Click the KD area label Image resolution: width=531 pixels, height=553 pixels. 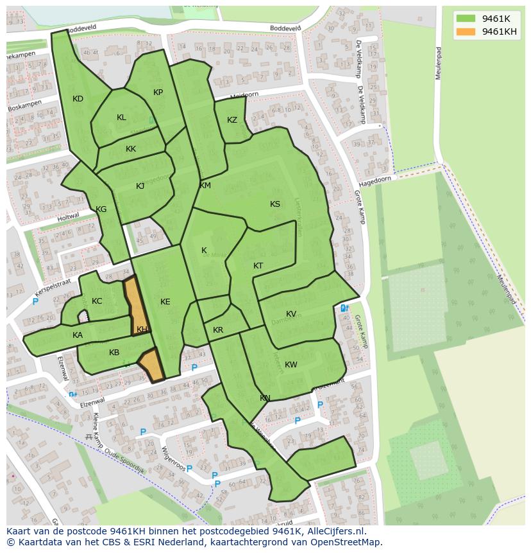pyautogui.click(x=78, y=99)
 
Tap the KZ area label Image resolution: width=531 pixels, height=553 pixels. pyautogui.click(x=232, y=120)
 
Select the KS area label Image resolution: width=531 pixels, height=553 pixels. pyautogui.click(x=275, y=204)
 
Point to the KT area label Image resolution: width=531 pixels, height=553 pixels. pyautogui.click(x=258, y=266)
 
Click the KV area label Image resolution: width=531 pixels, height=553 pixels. pyautogui.click(x=291, y=314)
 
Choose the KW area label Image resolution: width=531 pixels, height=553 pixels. pyautogui.click(x=291, y=365)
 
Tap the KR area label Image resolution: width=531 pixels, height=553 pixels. pyautogui.click(x=218, y=330)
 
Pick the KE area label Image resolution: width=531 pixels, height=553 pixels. pyautogui.click(x=165, y=302)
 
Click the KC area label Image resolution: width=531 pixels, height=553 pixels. pyautogui.click(x=97, y=301)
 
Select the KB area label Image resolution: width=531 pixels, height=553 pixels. pyautogui.click(x=114, y=353)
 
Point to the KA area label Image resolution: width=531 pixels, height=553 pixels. pyautogui.click(x=78, y=335)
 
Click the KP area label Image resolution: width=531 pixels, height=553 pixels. pyautogui.click(x=158, y=92)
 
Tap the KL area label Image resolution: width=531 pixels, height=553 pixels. pyautogui.click(x=121, y=118)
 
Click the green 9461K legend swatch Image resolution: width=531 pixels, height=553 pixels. pyautogui.click(x=466, y=18)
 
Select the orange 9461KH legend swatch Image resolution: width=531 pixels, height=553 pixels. pyautogui.click(x=466, y=31)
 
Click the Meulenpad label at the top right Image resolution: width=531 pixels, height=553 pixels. pyautogui.click(x=439, y=62)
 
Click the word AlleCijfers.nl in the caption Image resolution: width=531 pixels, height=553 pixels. pyautogui.click(x=335, y=531)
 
